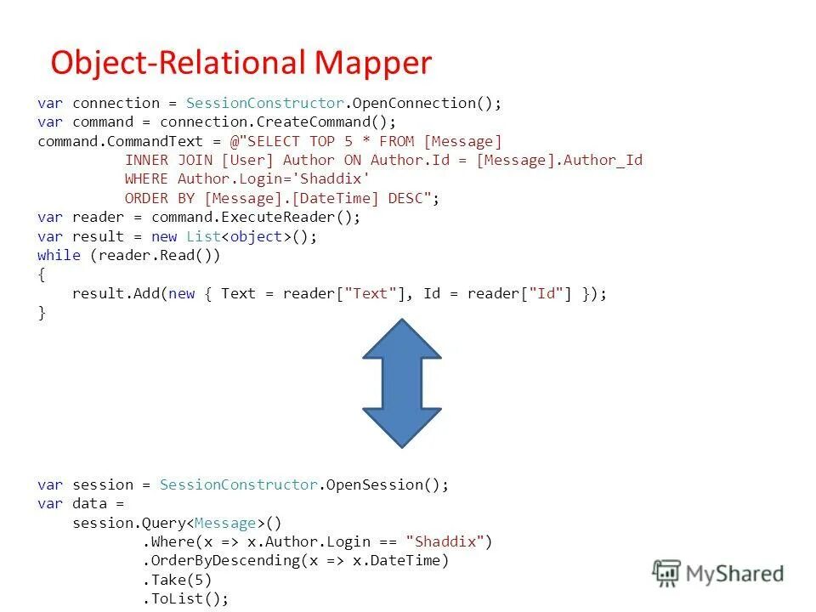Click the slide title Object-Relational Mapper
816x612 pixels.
(241, 63)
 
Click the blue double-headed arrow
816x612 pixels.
(402, 382)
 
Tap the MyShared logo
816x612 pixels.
(718, 573)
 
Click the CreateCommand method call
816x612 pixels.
(327, 122)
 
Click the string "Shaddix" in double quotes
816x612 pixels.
(445, 541)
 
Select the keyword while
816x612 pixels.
(59, 255)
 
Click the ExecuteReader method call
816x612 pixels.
(280, 217)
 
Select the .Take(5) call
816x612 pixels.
(177, 580)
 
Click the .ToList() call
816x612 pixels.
(185, 598)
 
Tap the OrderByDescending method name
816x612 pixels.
(224, 561)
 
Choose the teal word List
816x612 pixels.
(203, 236)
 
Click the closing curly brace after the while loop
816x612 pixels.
(42, 313)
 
